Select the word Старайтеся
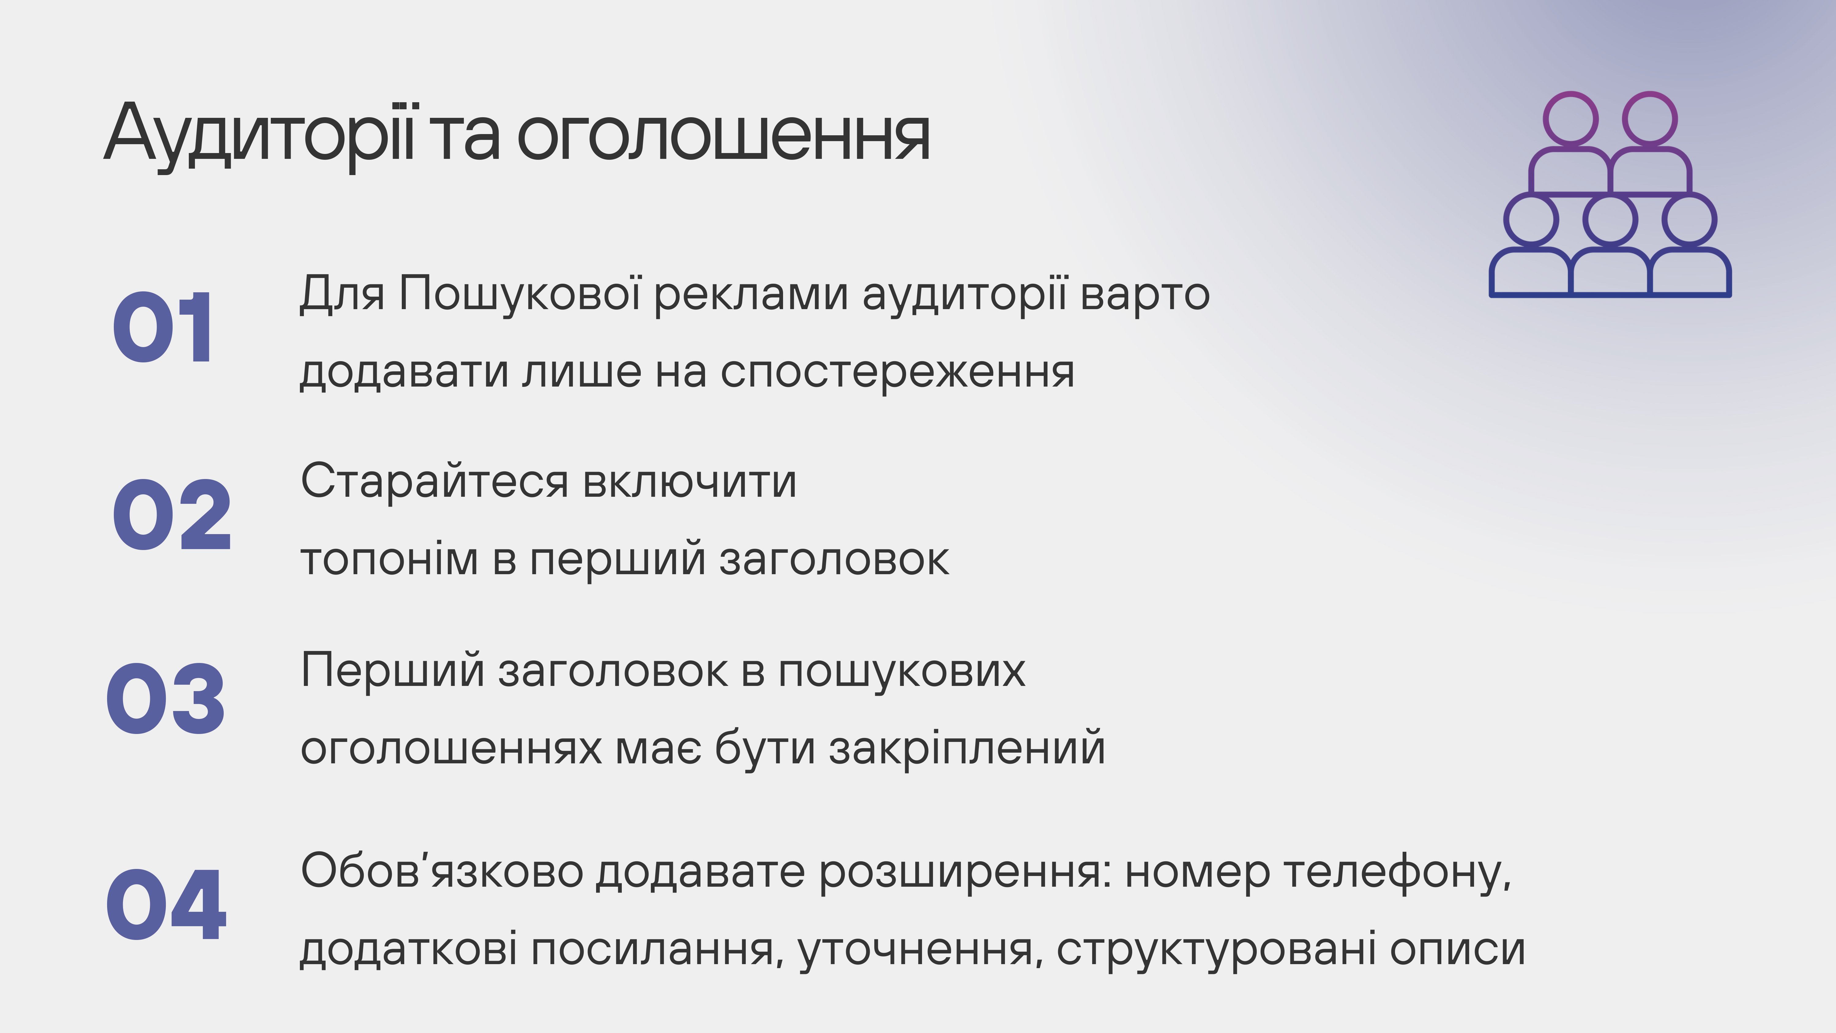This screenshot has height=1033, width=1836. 435,481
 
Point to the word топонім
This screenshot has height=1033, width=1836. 389,560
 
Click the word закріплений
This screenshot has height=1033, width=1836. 966,749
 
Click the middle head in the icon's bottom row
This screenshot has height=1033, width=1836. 1610,219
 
